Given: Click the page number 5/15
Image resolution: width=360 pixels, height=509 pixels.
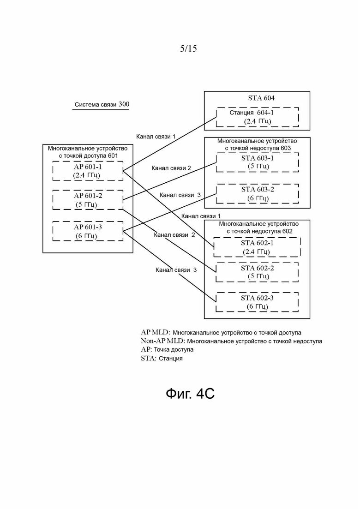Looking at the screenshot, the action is pyautogui.click(x=188, y=49).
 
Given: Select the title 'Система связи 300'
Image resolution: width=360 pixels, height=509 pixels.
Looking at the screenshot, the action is pyautogui.click(x=102, y=105).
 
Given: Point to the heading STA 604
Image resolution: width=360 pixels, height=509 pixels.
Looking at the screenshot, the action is pyautogui.click(x=261, y=98).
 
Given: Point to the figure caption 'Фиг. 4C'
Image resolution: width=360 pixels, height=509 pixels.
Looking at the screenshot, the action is pyautogui.click(x=190, y=394).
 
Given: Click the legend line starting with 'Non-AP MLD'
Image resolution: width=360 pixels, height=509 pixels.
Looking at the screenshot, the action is pyautogui.click(x=231, y=341).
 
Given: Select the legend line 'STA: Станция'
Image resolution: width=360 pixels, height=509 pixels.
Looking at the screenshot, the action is pyautogui.click(x=162, y=359).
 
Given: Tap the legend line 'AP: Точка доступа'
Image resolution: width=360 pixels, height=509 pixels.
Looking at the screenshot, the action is pyautogui.click(x=167, y=350).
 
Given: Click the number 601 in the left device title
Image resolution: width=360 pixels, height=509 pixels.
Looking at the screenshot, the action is pyautogui.click(x=113, y=156).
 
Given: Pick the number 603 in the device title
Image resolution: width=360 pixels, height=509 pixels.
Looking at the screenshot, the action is pyautogui.click(x=286, y=148).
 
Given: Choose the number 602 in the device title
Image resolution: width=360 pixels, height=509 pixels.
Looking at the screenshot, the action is pyautogui.click(x=287, y=231).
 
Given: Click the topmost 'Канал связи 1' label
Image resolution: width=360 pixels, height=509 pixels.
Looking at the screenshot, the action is pyautogui.click(x=156, y=137).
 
